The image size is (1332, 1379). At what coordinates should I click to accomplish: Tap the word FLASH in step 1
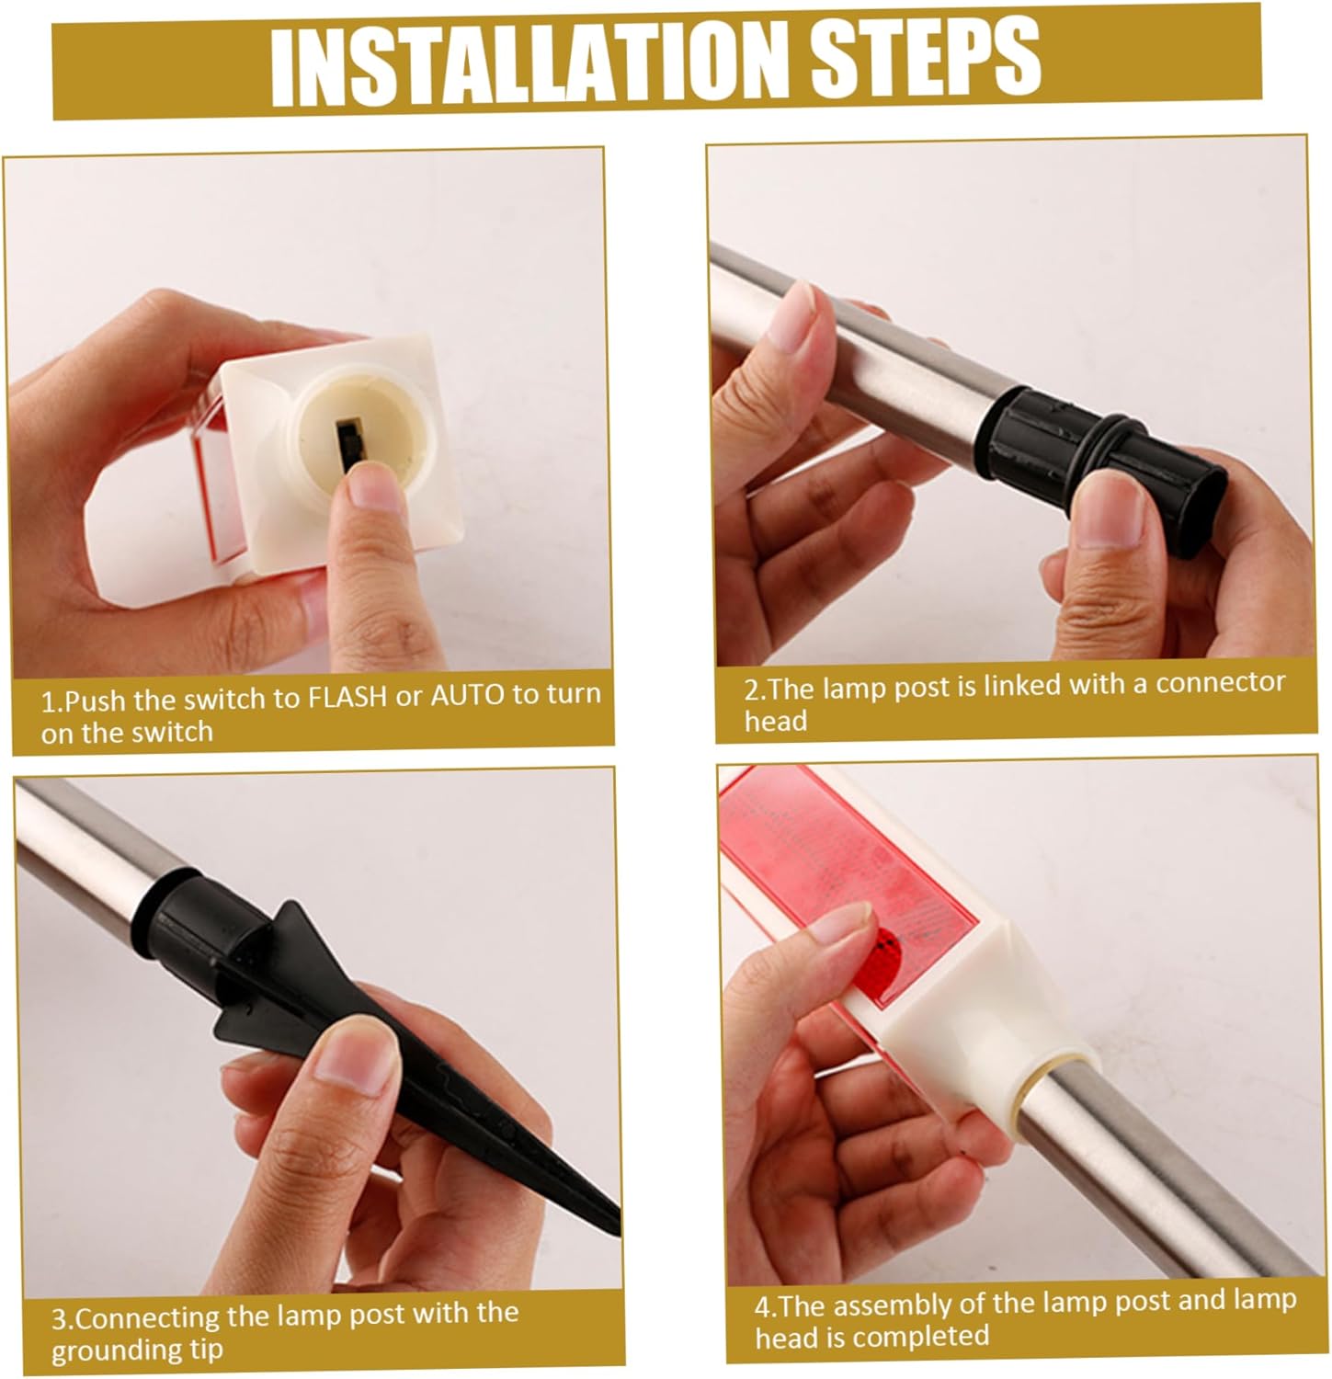347,697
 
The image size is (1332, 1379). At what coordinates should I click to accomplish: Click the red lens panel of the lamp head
855,864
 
